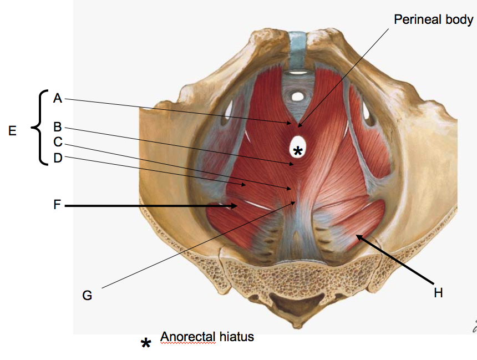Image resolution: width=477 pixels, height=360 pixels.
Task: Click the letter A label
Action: pyautogui.click(x=58, y=98)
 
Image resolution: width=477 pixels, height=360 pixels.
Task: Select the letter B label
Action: pyautogui.click(x=58, y=126)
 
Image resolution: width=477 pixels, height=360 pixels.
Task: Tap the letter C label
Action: pyautogui.click(x=58, y=142)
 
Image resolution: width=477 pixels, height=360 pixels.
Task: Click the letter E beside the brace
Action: pyautogui.click(x=13, y=131)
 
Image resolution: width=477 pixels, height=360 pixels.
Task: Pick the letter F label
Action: pyautogui.click(x=57, y=205)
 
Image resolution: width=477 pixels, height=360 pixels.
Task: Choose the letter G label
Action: pyautogui.click(x=87, y=295)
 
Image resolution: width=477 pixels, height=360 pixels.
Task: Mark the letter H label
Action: pyautogui.click(x=438, y=292)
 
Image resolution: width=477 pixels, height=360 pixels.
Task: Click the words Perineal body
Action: pyautogui.click(x=433, y=20)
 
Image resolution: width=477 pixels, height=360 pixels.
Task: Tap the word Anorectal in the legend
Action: pyautogui.click(x=185, y=336)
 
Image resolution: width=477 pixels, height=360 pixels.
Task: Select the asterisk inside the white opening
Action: pyautogui.click(x=298, y=150)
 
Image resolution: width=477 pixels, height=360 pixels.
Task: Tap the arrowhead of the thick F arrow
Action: pyautogui.click(x=236, y=206)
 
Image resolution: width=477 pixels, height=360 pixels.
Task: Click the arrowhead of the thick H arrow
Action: pyautogui.click(x=358, y=236)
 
